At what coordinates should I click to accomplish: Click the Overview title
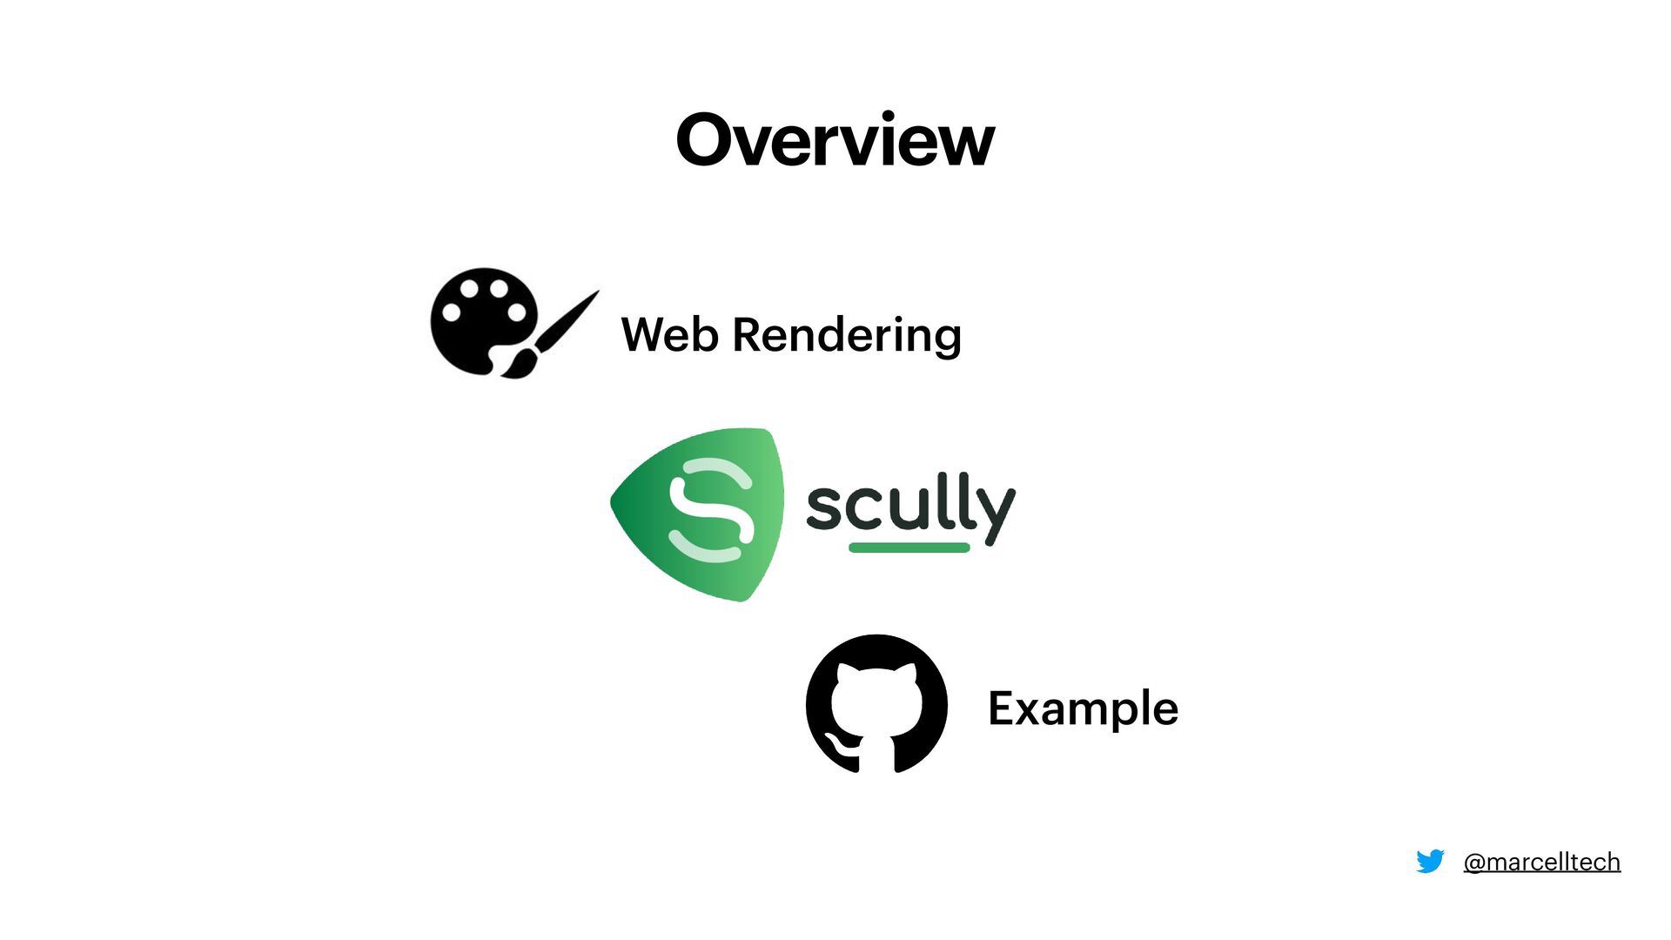click(835, 140)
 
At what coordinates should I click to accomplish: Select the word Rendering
click(847, 336)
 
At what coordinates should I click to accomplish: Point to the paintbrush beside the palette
click(554, 335)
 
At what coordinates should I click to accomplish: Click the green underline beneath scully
click(909, 547)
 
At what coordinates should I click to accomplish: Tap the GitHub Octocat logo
click(876, 703)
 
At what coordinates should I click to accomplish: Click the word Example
click(1083, 708)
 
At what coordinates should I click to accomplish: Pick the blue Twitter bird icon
click(1430, 861)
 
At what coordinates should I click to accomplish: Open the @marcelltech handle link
click(1541, 862)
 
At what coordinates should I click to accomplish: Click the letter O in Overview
click(707, 140)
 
